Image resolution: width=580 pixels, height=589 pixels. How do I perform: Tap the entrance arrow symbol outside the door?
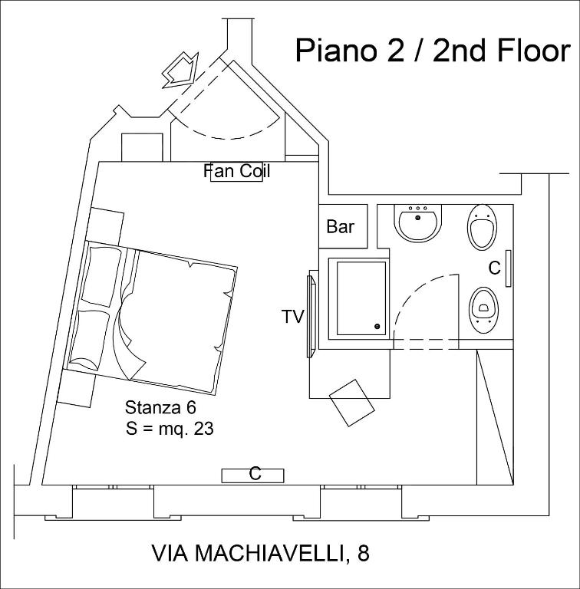[180, 71]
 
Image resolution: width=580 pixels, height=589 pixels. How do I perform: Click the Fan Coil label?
[237, 171]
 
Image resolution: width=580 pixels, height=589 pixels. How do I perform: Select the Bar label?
[341, 227]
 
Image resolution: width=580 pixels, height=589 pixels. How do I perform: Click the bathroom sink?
[418, 222]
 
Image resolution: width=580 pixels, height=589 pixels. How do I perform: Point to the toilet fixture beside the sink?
[481, 226]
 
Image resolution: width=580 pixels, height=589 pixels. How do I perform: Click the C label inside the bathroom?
[495, 268]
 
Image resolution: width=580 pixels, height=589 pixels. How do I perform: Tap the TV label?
[292, 316]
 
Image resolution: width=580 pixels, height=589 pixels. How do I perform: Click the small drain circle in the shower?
[377, 327]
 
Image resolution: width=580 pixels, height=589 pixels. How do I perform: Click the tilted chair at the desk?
[351, 402]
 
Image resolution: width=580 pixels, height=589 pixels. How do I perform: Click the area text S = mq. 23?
[170, 429]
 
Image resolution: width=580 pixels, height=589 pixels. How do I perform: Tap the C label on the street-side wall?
[255, 475]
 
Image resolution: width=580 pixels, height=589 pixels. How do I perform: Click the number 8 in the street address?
[363, 553]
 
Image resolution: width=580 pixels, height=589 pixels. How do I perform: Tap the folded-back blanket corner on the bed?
[128, 344]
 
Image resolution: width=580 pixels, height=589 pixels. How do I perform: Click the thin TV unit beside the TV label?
[310, 315]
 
